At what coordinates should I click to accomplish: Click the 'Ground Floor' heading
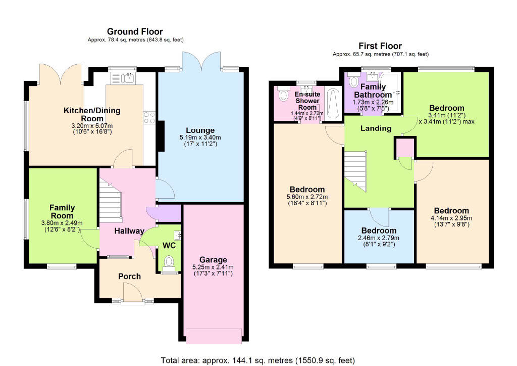coord(135,31)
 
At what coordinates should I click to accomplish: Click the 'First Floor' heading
coord(380,45)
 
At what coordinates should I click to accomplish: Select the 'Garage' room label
coord(213,260)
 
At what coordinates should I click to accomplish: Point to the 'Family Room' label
coord(62,211)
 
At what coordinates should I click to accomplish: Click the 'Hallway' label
coord(129,231)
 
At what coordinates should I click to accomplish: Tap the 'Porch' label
coord(129,277)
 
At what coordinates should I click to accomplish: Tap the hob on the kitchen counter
coord(149,118)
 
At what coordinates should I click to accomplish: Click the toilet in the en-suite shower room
coord(283,95)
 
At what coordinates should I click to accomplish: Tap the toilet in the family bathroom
coord(353,81)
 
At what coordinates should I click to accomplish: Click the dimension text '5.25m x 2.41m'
coord(213,267)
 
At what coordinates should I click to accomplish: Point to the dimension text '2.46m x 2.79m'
coord(378,238)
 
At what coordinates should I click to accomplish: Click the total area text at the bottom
coord(257,360)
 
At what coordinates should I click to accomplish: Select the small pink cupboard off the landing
coord(404,148)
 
